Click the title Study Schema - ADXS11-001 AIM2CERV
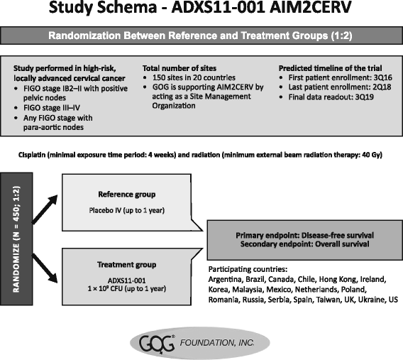[x=201, y=11]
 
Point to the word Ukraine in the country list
[x=361, y=300]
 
